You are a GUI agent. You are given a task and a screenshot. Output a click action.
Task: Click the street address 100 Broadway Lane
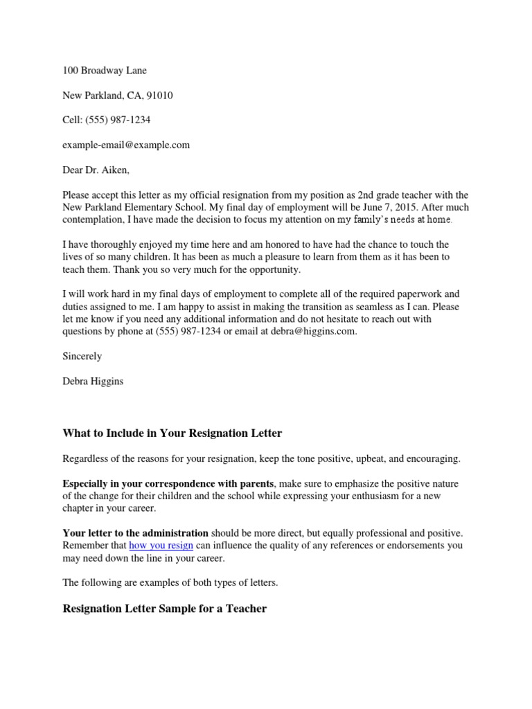coord(105,71)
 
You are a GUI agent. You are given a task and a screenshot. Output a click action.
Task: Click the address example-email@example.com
coord(126,145)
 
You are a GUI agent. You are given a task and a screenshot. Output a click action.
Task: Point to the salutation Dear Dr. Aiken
coord(96,170)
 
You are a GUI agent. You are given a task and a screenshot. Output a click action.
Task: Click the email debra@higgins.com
coord(316,332)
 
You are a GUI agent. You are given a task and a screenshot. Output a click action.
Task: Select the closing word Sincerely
coord(82,357)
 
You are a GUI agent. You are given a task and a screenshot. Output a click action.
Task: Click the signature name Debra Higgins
coord(94,382)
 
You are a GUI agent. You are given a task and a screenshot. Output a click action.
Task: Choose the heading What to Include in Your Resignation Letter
coord(172,433)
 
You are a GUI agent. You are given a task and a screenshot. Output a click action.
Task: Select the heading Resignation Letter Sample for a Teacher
coord(165,609)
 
